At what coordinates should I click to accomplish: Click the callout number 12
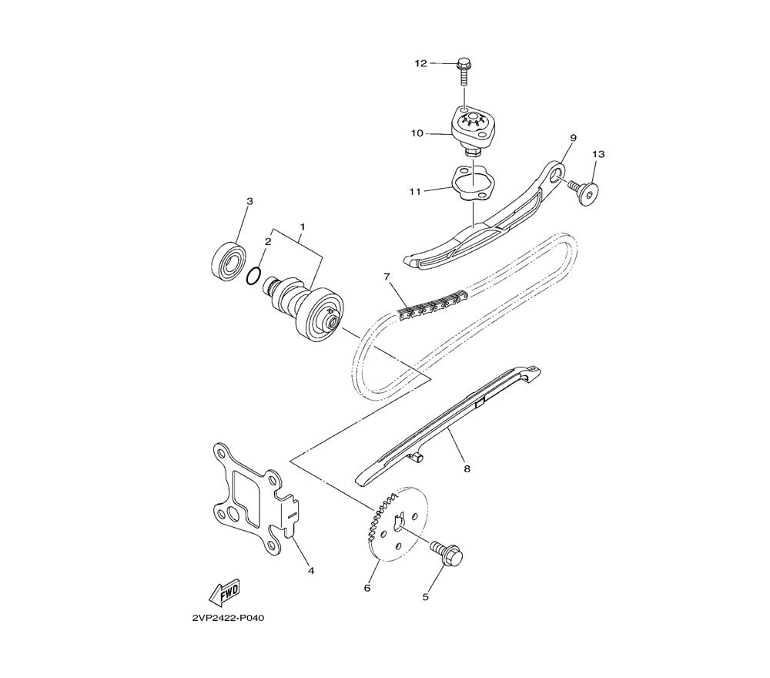pos(421,63)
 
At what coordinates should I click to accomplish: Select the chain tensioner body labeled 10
pos(470,131)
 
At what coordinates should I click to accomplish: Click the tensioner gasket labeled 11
pos(471,183)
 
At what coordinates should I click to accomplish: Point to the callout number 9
pos(573,138)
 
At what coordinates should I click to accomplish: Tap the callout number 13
pos(598,154)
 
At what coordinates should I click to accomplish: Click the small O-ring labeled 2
pos(253,276)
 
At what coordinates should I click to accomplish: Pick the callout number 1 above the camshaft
pos(303,227)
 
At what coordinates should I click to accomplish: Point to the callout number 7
pos(387,277)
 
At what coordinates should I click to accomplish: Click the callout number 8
pos(467,468)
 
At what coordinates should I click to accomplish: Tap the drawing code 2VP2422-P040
pos(229,618)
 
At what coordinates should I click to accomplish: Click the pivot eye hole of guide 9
pos(555,176)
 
